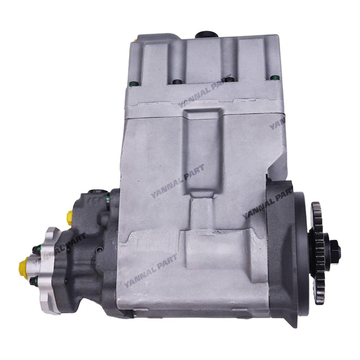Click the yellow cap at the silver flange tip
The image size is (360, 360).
click(24, 266)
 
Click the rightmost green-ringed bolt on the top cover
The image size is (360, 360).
click(275, 77)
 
